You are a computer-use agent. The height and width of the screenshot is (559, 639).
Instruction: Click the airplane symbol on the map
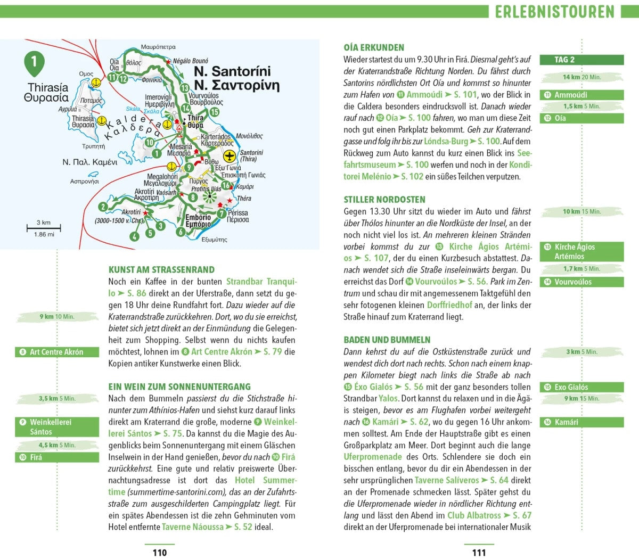(x=229, y=157)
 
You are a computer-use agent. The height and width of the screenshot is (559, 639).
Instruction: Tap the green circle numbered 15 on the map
(x=214, y=112)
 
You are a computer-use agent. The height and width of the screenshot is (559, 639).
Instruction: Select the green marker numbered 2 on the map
(x=103, y=207)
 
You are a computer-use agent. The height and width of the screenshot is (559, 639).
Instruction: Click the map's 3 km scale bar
(x=44, y=228)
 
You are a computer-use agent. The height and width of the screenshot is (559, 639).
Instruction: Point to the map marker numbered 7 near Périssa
(x=222, y=214)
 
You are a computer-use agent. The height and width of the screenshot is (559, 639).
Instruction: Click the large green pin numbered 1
(x=34, y=62)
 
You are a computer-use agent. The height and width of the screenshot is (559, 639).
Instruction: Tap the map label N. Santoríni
(x=232, y=71)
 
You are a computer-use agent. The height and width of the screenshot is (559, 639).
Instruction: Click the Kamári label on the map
(x=245, y=187)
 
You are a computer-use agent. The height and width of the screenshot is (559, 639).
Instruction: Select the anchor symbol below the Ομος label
(x=96, y=83)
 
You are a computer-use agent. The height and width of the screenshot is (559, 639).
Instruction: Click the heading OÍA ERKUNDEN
(x=374, y=47)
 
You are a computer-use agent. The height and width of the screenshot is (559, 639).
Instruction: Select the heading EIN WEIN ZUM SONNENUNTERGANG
(x=179, y=387)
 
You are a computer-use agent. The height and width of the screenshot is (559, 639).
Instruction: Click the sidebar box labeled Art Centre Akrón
(x=57, y=352)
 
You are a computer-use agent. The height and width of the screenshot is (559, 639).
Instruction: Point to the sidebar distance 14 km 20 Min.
(x=581, y=77)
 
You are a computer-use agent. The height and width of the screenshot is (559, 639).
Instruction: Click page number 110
(x=159, y=552)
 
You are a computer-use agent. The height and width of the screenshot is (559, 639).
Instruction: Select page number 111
(x=479, y=552)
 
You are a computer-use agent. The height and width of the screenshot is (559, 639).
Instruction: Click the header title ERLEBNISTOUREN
(x=554, y=12)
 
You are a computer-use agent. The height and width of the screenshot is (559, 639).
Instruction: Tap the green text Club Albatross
(x=474, y=515)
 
